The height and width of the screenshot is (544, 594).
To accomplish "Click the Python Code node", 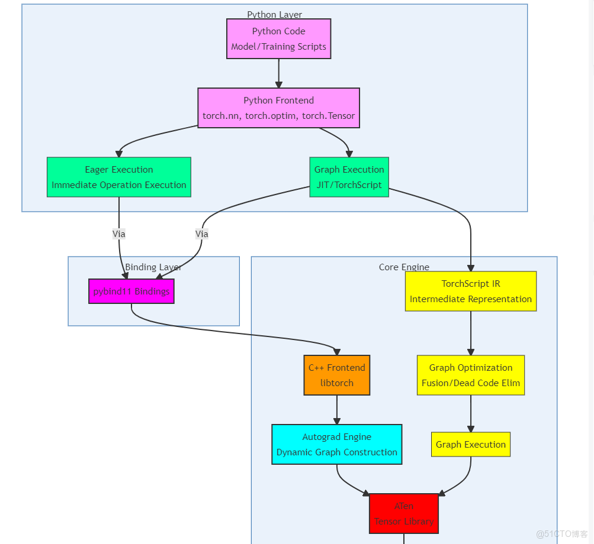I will (278, 39).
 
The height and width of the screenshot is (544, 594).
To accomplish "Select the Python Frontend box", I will (278, 108).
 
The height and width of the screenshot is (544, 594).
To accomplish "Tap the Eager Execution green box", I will (119, 177).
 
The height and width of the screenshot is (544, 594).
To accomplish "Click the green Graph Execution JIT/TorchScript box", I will (349, 177).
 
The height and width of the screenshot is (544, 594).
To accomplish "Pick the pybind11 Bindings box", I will (131, 292).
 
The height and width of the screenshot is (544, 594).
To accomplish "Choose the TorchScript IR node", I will (471, 292).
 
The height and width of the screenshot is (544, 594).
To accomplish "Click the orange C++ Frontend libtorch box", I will (337, 375).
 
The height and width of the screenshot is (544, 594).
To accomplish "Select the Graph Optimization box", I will (471, 375).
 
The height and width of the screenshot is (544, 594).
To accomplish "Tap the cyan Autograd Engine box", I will (337, 445).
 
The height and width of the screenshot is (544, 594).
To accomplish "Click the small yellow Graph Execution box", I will (471, 445).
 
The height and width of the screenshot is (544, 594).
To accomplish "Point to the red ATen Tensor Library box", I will (404, 514).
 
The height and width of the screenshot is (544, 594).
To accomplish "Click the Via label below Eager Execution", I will (119, 234).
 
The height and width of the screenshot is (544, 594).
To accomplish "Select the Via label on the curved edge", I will (202, 234).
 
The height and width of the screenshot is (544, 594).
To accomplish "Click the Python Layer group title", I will (275, 15).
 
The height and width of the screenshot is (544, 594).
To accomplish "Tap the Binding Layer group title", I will (153, 267).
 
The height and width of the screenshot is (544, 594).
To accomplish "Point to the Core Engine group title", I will (404, 267).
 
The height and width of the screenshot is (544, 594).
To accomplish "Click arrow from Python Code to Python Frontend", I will (278, 74).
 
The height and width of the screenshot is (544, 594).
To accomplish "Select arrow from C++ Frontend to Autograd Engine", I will (337, 410).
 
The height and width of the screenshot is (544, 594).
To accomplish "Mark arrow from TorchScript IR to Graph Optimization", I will (471, 333).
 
